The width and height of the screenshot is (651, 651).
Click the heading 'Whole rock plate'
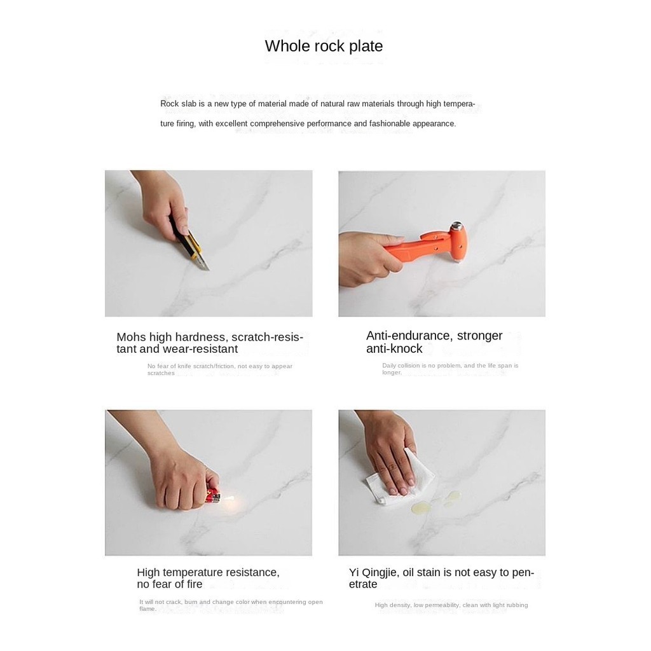tap(324, 46)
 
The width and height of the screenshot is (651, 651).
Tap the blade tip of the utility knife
tap(209, 270)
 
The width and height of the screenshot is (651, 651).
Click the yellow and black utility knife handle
tap(186, 240)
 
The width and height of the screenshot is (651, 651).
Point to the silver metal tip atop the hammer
tap(457, 226)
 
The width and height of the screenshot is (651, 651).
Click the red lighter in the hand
tap(214, 496)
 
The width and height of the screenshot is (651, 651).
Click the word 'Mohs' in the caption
tap(131, 337)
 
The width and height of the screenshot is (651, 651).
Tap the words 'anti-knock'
tap(394, 349)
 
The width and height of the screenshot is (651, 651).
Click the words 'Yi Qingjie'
tap(373, 573)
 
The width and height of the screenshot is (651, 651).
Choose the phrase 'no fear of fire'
tap(169, 584)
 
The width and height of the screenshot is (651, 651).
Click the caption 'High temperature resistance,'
tap(209, 573)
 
